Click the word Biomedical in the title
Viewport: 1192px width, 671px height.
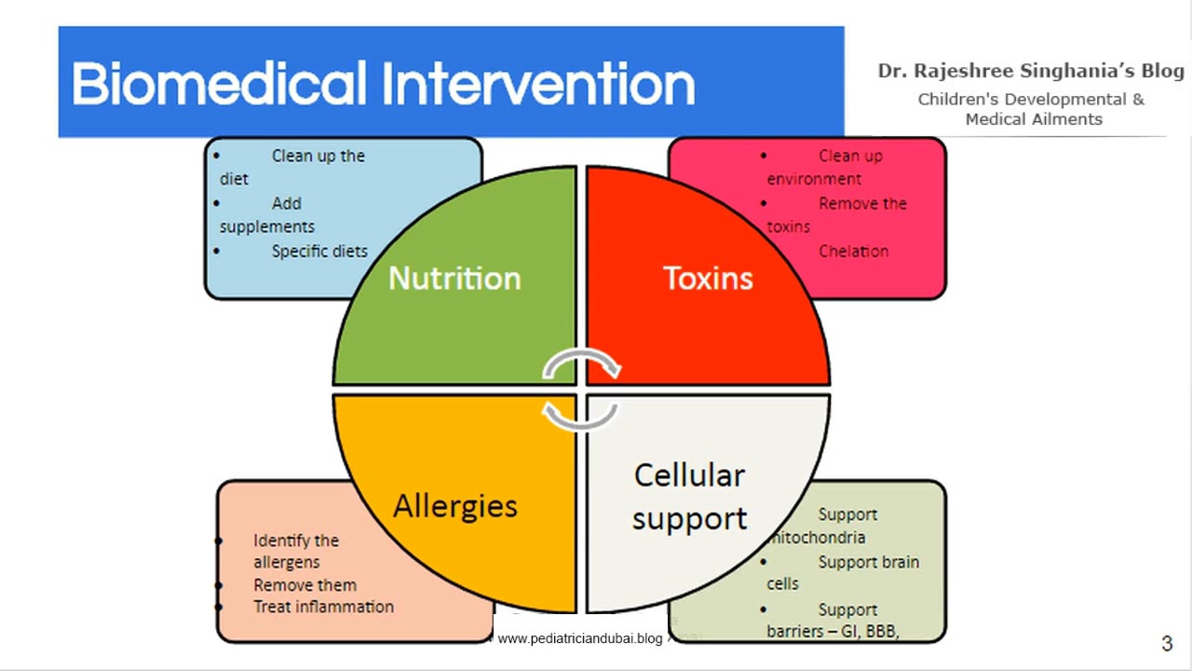click(219, 84)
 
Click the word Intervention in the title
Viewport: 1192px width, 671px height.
click(539, 84)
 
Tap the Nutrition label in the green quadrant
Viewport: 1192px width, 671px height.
click(454, 278)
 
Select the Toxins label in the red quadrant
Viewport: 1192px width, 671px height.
click(708, 278)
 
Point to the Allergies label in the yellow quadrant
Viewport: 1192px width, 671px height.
click(454, 506)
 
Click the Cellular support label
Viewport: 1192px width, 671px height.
click(689, 496)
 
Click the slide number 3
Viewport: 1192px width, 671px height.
click(1167, 643)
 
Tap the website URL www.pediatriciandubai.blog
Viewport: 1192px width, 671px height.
click(579, 638)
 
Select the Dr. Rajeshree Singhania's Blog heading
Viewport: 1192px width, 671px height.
click(1031, 71)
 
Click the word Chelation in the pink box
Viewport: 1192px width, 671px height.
click(853, 251)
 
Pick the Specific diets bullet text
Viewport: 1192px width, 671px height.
click(319, 251)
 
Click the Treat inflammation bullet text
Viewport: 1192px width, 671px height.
click(323, 607)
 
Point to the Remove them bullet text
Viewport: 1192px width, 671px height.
click(305, 585)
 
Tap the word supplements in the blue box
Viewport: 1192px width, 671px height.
click(267, 226)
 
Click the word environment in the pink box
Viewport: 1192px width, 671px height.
click(814, 179)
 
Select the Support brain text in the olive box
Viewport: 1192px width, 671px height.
click(868, 562)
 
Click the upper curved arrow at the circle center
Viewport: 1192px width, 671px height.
click(582, 363)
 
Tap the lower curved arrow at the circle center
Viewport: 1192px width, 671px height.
click(579, 416)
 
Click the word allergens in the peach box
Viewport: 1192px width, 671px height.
click(286, 562)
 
